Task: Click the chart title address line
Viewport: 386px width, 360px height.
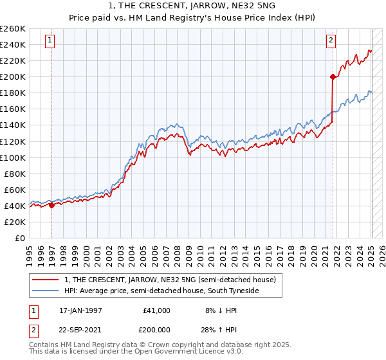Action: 192,5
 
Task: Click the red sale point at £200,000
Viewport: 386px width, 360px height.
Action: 333,77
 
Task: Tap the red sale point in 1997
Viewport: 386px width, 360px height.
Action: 51,205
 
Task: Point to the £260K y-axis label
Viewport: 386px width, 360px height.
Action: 13,29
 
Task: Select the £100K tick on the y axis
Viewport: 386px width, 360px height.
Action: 13,157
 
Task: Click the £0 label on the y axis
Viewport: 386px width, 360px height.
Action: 19,238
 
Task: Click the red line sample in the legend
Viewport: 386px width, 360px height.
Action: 44,280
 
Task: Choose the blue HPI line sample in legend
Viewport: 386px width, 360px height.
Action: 44,291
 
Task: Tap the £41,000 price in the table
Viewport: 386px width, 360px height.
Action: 157,310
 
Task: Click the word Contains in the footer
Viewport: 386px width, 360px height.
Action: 44,345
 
